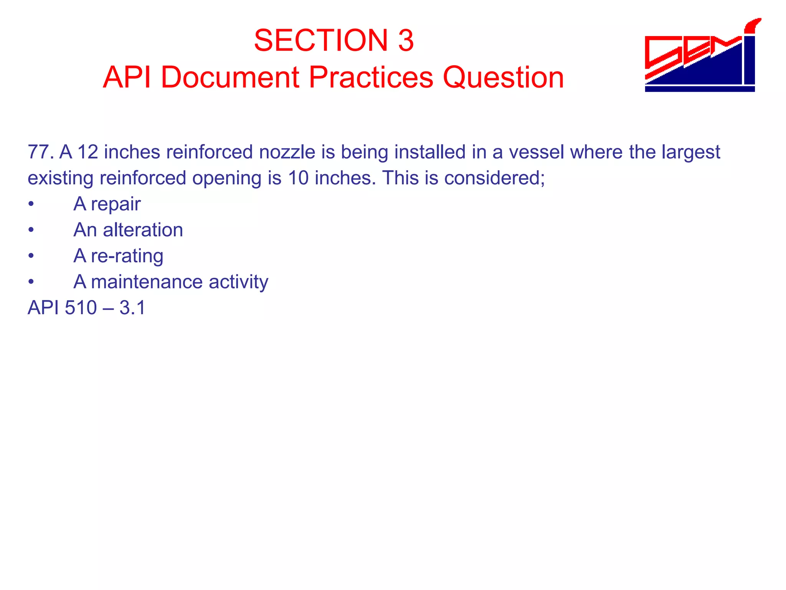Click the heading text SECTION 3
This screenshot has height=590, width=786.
coord(334,40)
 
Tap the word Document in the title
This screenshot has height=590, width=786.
coord(230,77)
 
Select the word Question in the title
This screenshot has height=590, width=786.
coord(503,77)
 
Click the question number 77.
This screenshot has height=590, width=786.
coord(40,152)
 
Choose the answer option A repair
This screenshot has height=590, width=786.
coord(107,204)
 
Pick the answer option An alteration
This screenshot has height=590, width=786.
coord(128,230)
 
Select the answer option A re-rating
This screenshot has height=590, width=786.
coord(118,256)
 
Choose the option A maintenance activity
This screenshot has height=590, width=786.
coord(171,282)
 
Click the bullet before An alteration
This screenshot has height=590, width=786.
coord(31,230)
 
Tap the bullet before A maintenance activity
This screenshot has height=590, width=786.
coord(31,282)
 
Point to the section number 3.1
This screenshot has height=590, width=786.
coord(132,308)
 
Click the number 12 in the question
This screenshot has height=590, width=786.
coord(88,152)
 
